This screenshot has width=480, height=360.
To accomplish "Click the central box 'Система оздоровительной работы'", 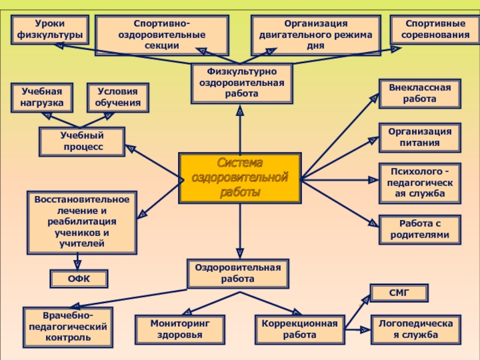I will coord(240,178).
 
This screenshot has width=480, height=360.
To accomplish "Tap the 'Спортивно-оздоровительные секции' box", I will coord(162,35).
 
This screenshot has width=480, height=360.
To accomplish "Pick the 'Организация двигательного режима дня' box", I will coord(316,35).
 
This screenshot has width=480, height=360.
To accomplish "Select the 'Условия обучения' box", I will coord(118,98).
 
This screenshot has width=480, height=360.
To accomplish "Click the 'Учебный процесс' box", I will coord(82,142).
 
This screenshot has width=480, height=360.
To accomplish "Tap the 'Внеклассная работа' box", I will coord(420,93).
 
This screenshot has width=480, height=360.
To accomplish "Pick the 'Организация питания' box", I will coord(420,137).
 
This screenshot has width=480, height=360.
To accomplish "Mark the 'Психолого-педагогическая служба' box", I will coord(420,183).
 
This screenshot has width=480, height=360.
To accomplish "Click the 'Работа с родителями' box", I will coord(420,229).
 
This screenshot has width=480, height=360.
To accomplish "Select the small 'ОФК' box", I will coord(78,278).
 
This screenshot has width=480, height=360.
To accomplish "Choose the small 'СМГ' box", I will coord(398,293).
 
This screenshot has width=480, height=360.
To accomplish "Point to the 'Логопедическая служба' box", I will coord(416,329).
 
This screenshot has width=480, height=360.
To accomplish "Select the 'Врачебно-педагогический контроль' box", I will coord(67,327).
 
